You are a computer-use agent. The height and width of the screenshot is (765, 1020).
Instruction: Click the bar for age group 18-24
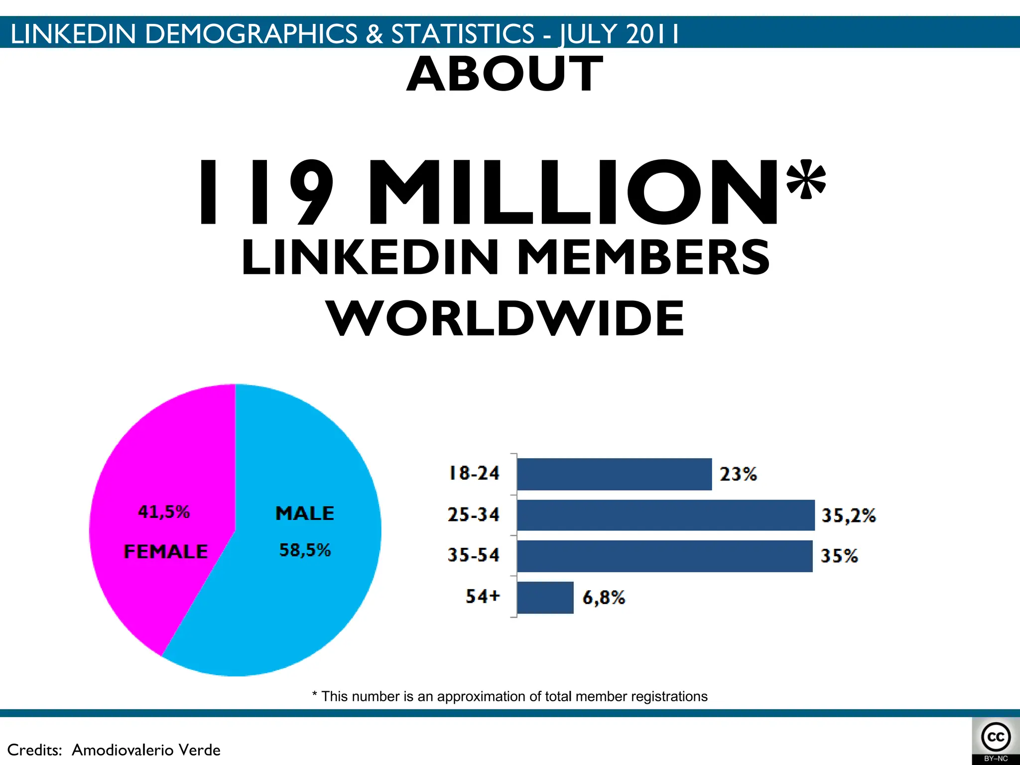coord(614,474)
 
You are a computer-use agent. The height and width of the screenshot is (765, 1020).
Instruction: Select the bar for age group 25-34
coord(665,515)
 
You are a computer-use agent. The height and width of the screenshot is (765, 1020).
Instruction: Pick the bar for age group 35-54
coord(664,556)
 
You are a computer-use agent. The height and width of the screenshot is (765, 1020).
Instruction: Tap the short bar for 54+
coord(545,597)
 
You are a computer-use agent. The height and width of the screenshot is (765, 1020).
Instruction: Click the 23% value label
coord(738,474)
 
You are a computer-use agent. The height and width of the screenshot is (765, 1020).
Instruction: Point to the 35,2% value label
coord(848,515)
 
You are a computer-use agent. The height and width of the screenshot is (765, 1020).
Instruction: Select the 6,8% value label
coord(604,597)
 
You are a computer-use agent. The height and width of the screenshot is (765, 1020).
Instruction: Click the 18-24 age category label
coord(474,473)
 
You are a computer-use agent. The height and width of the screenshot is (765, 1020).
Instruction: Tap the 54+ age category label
coord(482,596)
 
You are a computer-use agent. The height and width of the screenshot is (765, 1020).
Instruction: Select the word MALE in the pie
coord(305,513)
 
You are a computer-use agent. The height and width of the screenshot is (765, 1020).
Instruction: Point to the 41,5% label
coord(164,512)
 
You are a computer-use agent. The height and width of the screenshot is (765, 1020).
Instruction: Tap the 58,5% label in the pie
coord(305,550)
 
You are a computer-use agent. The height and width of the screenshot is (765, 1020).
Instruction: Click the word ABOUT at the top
coord(505,74)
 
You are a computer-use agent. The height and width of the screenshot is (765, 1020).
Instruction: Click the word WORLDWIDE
coord(505,318)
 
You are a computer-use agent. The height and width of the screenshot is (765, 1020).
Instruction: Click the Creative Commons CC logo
coord(996,737)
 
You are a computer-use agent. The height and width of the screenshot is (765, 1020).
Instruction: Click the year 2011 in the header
coord(652,34)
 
